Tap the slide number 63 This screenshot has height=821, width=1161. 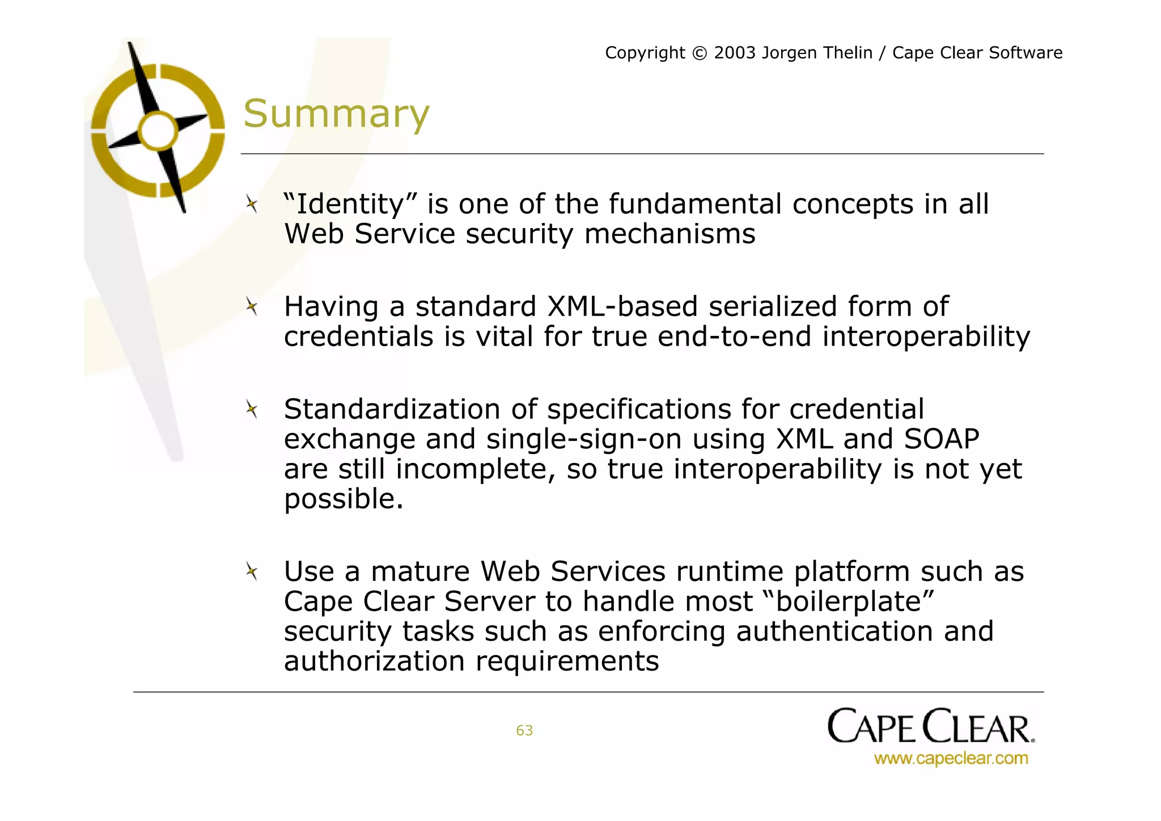click(x=524, y=730)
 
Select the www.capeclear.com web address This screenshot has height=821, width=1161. click(x=951, y=759)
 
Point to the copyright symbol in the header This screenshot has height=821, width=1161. click(x=700, y=53)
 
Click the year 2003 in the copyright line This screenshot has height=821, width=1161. click(x=735, y=53)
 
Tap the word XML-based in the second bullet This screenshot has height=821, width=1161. click(x=623, y=306)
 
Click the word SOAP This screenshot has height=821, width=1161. click(x=942, y=439)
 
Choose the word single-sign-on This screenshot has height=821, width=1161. click(x=584, y=440)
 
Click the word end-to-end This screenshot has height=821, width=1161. click(x=735, y=336)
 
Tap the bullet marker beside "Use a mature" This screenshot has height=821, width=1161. click(x=252, y=571)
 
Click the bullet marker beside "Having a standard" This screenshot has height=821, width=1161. click(x=252, y=307)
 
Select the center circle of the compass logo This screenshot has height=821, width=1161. click(x=158, y=131)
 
